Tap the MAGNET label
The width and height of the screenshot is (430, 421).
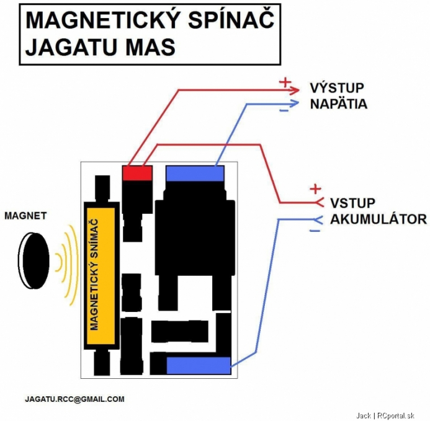tap(25, 216)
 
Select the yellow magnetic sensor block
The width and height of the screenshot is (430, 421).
tap(101, 276)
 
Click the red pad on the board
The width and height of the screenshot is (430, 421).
tap(137, 173)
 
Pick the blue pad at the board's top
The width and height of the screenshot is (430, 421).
tap(195, 173)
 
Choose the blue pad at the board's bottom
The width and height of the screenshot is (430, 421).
tap(199, 365)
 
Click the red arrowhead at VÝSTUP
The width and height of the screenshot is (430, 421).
tap(294, 90)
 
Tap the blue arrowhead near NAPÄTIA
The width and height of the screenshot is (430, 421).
tap(294, 104)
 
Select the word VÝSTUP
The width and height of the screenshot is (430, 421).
tap(337, 88)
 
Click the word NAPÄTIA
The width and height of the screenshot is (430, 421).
tap(338, 104)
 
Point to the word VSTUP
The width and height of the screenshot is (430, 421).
tap(352, 203)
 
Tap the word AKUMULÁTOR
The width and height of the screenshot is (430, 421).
tap(378, 219)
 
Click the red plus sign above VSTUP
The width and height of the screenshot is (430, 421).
tap(315, 189)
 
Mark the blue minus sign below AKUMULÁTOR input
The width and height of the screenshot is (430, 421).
tap(315, 231)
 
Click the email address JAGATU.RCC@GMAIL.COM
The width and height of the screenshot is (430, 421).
tap(74, 399)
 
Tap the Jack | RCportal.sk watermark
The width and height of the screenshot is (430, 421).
tap(385, 416)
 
